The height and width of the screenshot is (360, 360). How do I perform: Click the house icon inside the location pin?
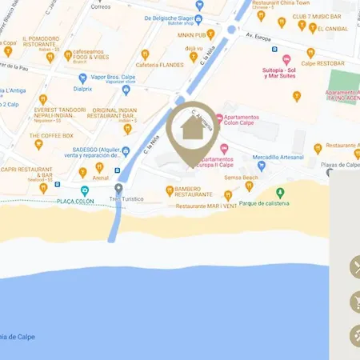point(191,126)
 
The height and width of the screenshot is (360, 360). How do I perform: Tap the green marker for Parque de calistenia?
point(280,192)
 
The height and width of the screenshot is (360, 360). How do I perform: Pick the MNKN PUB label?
point(197,34)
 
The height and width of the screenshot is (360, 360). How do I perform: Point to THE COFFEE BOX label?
point(52,136)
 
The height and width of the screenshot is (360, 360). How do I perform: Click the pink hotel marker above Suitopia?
point(286,59)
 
